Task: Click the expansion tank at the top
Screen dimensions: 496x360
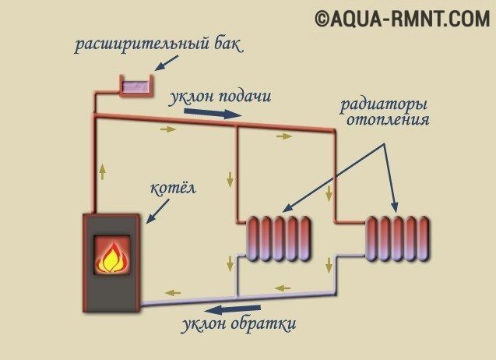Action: (x=136, y=86)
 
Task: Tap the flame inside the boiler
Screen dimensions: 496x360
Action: (x=112, y=257)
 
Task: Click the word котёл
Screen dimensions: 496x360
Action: (x=173, y=188)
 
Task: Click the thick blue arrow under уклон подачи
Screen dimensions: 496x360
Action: (x=213, y=113)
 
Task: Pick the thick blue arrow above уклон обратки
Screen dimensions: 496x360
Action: (x=233, y=309)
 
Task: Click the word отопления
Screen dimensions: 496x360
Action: (x=388, y=120)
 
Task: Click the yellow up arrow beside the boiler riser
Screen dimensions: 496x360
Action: (x=102, y=171)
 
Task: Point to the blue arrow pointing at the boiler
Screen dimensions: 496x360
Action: (x=157, y=211)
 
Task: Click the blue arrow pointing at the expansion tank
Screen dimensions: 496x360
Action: (x=167, y=63)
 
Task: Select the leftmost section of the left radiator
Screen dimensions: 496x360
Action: (x=252, y=238)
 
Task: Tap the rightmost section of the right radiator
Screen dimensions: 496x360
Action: (x=424, y=238)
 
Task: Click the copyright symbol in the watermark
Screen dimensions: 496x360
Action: (x=322, y=19)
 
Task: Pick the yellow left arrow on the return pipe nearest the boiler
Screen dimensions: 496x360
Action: (x=173, y=293)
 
